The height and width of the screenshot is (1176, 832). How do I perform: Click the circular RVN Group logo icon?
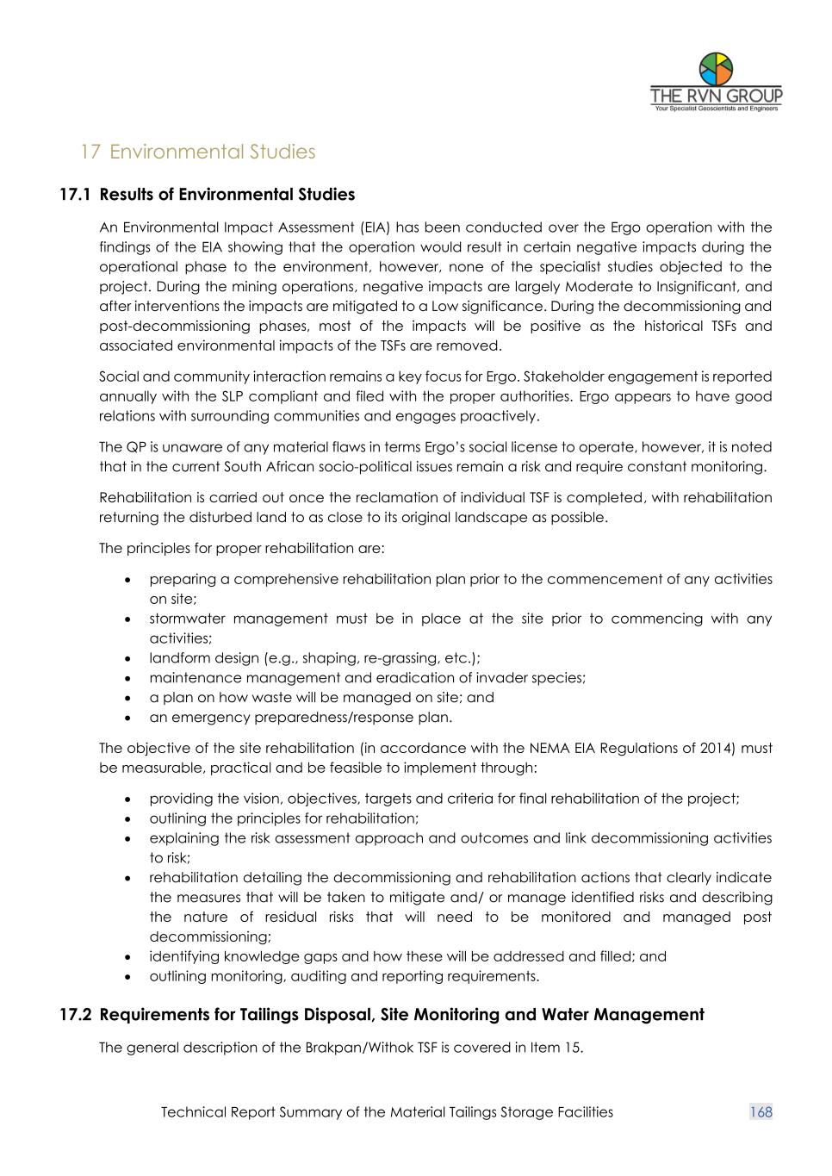tap(716, 68)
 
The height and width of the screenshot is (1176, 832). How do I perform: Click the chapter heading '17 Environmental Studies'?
tap(197, 152)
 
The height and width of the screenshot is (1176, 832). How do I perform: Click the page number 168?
tap(761, 1112)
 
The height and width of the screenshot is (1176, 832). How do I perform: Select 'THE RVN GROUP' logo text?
tap(716, 96)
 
